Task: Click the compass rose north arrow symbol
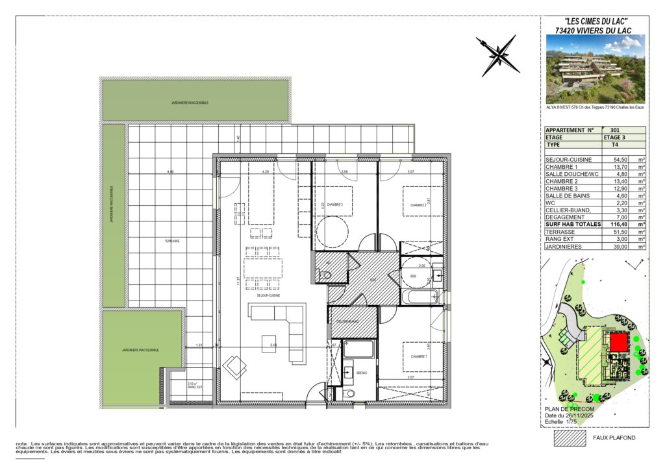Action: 497,56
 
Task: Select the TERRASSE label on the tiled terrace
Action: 171,241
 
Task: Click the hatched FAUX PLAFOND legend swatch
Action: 568,438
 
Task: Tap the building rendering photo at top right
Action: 596,68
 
